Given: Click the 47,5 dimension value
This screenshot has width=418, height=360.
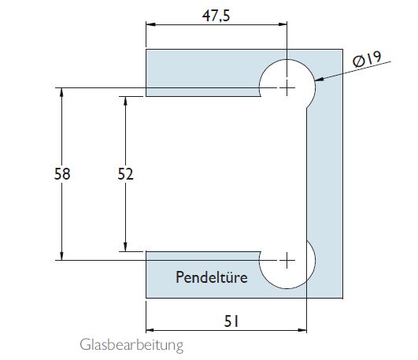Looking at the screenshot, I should [216, 13].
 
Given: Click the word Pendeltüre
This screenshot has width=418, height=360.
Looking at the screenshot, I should [212, 277].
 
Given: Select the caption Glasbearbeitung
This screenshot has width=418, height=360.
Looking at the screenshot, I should [120, 345].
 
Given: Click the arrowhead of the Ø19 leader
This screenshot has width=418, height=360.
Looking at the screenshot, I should [316, 79].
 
